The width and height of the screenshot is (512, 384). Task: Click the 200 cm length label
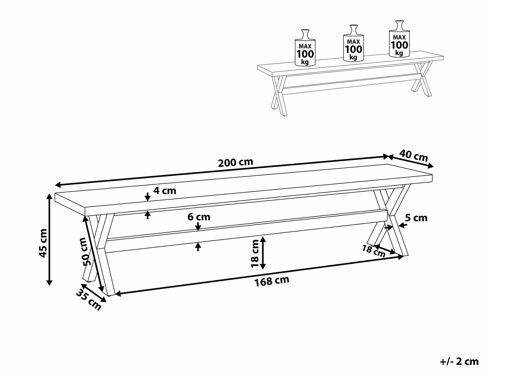click(x=235, y=162)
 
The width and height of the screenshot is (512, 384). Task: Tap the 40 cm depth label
click(x=413, y=156)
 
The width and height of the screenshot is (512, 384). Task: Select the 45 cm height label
click(x=43, y=243)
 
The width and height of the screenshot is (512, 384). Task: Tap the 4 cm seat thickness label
click(x=165, y=191)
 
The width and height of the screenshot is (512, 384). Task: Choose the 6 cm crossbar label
click(x=199, y=217)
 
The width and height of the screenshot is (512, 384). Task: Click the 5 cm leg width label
click(x=416, y=218)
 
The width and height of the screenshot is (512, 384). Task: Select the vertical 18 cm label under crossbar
click(x=255, y=253)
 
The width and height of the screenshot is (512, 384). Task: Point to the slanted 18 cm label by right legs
click(x=374, y=251)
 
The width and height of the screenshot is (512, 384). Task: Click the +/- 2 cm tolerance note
click(x=459, y=361)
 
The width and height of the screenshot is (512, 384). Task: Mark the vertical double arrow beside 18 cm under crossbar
click(x=262, y=253)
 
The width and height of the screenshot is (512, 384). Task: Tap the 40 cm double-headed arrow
click(x=411, y=161)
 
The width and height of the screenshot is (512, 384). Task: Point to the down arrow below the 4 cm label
click(x=148, y=197)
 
